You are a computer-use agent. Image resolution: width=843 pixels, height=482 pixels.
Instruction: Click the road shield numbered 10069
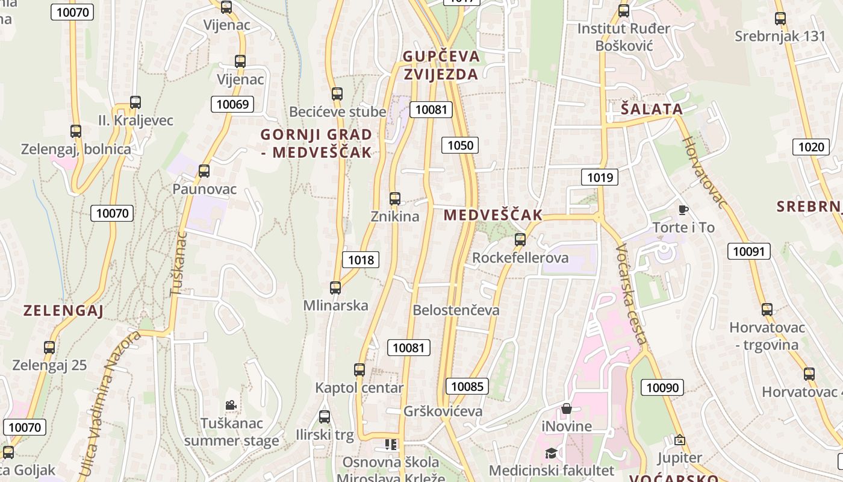pyautogui.click(x=232, y=104)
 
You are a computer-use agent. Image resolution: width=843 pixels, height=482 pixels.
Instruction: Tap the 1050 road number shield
pyautogui.click(x=461, y=145)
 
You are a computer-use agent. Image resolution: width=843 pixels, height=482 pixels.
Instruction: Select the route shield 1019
pyautogui.click(x=600, y=177)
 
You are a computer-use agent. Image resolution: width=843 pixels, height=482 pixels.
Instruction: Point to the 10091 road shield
pyautogui.click(x=749, y=251)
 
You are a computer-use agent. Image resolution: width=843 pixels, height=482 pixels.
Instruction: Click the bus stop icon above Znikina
pyautogui.click(x=395, y=199)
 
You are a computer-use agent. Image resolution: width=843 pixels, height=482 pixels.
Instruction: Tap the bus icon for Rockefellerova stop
pyautogui.click(x=520, y=240)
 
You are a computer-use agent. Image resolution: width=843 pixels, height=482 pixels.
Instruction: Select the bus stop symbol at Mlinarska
pyautogui.click(x=335, y=288)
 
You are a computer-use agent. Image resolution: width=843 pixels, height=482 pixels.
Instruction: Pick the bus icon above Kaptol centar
pyautogui.click(x=359, y=370)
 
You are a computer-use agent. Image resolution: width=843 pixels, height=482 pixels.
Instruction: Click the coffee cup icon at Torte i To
pyautogui.click(x=683, y=210)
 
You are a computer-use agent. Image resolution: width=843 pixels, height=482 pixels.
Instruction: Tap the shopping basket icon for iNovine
pyautogui.click(x=566, y=409)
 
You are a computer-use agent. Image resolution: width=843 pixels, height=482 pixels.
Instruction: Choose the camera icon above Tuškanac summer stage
pyautogui.click(x=231, y=405)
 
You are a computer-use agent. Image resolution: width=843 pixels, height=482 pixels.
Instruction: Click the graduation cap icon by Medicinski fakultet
pyautogui.click(x=550, y=453)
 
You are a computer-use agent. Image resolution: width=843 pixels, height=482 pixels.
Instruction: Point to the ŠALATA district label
pyautogui.click(x=652, y=109)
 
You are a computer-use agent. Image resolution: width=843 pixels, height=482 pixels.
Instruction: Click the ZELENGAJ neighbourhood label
pyautogui.click(x=63, y=311)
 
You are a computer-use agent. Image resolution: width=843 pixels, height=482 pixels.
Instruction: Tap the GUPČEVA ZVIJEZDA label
pyautogui.click(x=441, y=65)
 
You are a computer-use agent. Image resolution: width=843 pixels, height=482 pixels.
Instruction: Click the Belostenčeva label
pyautogui.click(x=456, y=310)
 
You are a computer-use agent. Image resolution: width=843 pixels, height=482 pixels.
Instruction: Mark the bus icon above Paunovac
pyautogui.click(x=204, y=171)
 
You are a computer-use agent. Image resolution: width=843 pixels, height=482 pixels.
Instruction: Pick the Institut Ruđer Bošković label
pyautogui.click(x=624, y=37)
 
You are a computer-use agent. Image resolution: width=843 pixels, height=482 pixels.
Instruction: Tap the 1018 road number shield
pyautogui.click(x=361, y=260)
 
